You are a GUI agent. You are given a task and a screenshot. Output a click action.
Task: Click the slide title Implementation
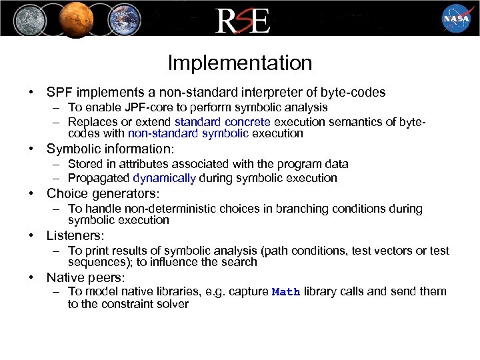click(x=240, y=63)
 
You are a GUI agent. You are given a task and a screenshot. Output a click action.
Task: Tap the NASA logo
click(x=455, y=19)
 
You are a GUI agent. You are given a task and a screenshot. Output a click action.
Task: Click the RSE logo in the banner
click(x=242, y=20)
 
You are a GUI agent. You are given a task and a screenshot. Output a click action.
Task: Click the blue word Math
click(x=286, y=292)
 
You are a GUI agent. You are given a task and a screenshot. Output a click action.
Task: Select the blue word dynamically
click(x=165, y=178)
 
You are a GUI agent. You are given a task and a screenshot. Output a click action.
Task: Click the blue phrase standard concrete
click(x=223, y=122)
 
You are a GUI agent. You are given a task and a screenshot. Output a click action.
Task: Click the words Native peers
click(x=85, y=277)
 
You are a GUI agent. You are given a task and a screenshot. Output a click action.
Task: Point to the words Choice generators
click(x=103, y=194)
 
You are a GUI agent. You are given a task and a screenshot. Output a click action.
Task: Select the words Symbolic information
click(x=110, y=149)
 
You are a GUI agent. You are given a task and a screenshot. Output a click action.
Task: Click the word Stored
click(x=85, y=164)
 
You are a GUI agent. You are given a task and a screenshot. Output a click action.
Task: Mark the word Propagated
click(x=99, y=178)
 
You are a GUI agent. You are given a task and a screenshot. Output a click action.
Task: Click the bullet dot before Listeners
click(x=31, y=236)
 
